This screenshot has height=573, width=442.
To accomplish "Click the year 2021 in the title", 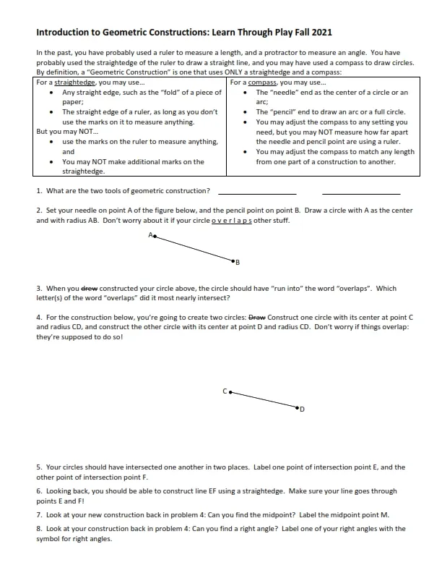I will pyautogui.click(x=320, y=33).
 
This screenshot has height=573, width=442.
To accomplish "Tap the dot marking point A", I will pyautogui.click(x=155, y=237).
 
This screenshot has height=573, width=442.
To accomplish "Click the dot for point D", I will pyautogui.click(x=296, y=409).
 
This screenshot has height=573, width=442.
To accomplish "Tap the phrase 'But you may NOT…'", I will pyautogui.click(x=61, y=132).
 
